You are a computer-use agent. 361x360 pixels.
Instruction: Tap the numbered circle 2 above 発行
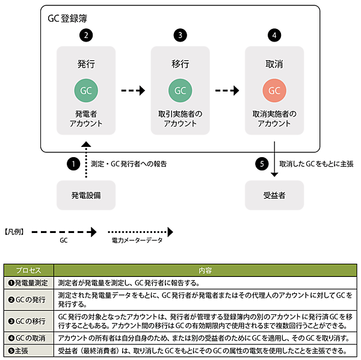click(86, 36)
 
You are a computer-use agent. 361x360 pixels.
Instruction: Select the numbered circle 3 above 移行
click(180, 36)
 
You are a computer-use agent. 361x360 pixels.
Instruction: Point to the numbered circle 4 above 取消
click(274, 36)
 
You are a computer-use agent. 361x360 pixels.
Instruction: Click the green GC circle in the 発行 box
click(86, 91)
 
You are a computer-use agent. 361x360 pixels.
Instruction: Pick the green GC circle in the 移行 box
click(180, 91)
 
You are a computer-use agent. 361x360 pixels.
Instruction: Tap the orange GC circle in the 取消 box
click(274, 91)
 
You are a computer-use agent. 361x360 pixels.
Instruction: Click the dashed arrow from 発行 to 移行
click(133, 91)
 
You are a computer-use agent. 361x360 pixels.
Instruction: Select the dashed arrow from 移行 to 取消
click(227, 91)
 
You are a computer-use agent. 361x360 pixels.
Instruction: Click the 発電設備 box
click(86, 195)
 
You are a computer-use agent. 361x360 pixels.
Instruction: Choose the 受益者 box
click(274, 195)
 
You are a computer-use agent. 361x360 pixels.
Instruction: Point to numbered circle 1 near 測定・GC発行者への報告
click(73, 164)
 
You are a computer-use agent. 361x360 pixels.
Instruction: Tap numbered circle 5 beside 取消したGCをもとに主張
click(261, 164)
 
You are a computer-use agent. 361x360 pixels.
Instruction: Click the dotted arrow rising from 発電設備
click(86, 161)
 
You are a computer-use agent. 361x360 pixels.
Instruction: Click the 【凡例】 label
click(13, 231)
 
